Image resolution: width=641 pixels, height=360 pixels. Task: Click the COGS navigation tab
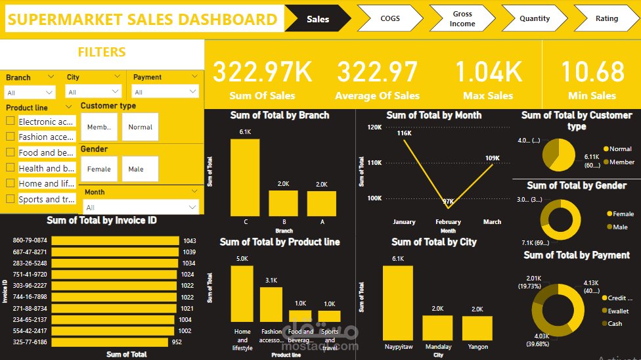click(x=389, y=18)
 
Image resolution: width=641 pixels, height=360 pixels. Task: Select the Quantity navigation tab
click(x=534, y=18)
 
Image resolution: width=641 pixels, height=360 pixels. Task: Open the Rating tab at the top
click(x=606, y=18)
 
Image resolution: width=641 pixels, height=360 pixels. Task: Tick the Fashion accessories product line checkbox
click(x=11, y=137)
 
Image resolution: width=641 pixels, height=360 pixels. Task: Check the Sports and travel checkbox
click(x=11, y=199)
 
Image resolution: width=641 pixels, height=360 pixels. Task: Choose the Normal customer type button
click(x=140, y=127)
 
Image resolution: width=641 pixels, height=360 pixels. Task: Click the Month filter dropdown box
click(x=141, y=208)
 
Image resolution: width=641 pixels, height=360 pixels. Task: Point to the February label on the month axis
click(x=448, y=222)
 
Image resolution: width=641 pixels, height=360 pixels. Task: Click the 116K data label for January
click(x=404, y=133)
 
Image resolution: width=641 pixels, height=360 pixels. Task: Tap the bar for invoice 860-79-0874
click(x=115, y=241)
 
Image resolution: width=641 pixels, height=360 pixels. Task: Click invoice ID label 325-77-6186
click(x=30, y=342)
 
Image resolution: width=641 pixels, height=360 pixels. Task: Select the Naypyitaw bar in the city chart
click(x=397, y=302)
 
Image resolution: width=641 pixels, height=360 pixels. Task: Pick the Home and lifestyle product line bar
click(x=242, y=294)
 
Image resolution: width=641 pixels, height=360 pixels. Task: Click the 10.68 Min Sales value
click(x=592, y=72)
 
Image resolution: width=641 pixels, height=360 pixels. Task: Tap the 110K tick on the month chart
click(x=373, y=163)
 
